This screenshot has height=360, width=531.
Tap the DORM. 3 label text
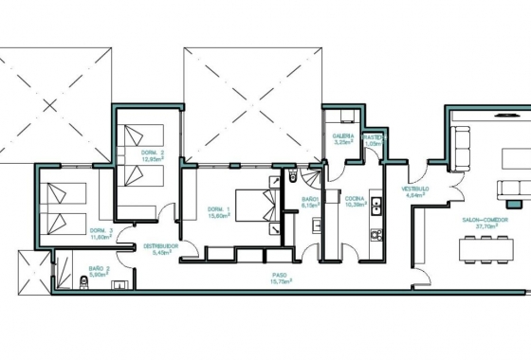[101, 231]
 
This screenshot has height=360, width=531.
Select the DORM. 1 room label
[218, 208]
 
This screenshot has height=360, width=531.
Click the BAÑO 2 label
[100, 269]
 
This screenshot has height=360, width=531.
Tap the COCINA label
[356, 198]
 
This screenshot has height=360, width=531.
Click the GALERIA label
[342, 136]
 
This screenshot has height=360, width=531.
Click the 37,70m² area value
[485, 227]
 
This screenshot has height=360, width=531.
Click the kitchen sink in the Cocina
[376, 203]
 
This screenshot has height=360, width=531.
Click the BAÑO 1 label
[309, 199]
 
